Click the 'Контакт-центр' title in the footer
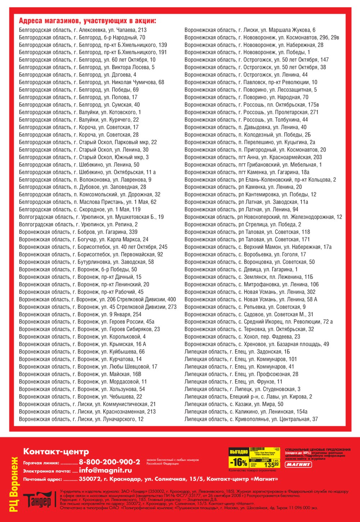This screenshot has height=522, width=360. coord(56,451)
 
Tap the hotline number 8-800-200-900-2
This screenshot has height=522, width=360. coord(109,462)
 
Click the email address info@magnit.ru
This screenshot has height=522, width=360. coord(105,471)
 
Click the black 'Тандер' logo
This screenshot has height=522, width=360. coord(37,500)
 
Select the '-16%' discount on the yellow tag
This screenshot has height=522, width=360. coord(238,462)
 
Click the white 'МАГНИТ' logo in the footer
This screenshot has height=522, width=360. coord(298,464)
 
